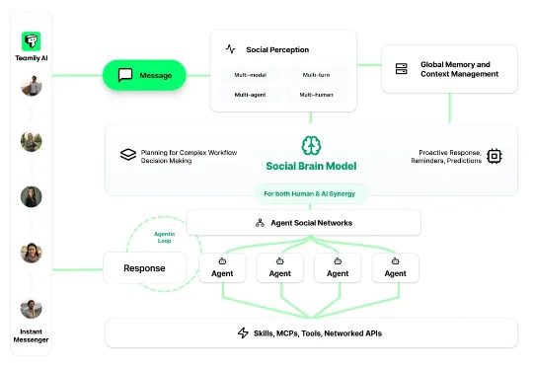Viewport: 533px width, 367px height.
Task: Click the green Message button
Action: pos(144,75)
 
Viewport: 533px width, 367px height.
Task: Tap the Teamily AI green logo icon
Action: pos(31,41)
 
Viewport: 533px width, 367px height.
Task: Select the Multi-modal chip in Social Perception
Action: pos(250,75)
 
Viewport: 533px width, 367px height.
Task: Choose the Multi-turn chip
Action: pos(316,75)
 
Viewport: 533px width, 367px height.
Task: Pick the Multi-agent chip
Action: pos(250,95)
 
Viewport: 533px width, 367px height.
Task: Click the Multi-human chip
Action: pos(316,95)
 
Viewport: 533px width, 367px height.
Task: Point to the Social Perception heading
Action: pos(276,49)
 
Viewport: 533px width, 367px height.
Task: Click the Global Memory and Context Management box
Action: pos(449,69)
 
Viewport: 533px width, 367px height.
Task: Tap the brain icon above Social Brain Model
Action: pos(311,146)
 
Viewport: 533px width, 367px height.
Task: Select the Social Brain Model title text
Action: pos(311,166)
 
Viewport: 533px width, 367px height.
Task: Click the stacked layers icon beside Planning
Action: pos(127,155)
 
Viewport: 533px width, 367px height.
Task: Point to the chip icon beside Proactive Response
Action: pos(494,155)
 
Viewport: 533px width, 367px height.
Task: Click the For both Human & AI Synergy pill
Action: pos(311,192)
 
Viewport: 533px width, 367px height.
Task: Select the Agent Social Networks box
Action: pos(304,223)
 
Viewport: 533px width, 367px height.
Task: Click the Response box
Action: pos(144,267)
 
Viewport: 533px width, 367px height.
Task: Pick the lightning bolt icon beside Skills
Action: pos(243,333)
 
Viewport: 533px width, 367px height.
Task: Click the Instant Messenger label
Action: pos(31,335)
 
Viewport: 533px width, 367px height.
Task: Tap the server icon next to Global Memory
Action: pos(401,69)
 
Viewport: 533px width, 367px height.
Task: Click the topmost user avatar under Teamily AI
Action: pos(31,87)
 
